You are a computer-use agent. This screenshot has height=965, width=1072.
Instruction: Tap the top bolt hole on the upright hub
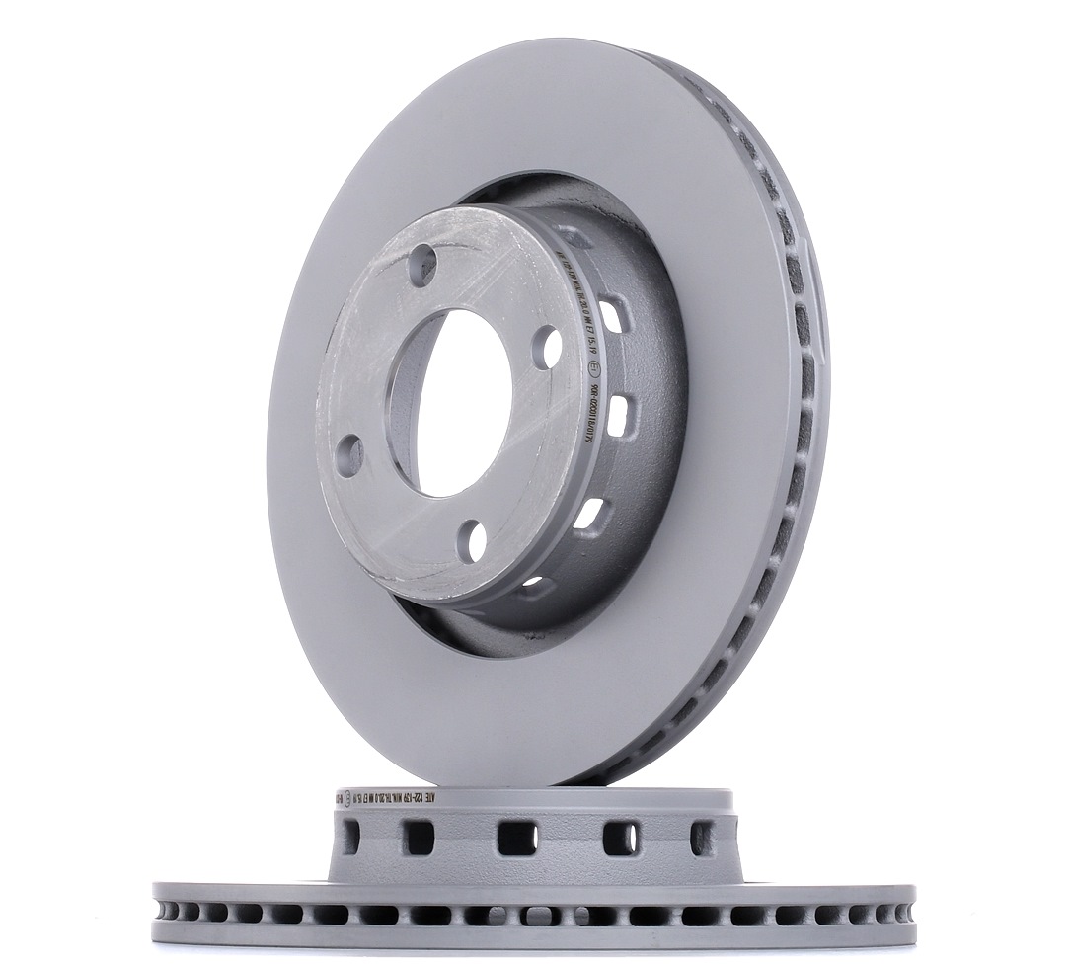tap(422, 261)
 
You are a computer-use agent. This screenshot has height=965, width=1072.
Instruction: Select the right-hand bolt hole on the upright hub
tap(546, 347)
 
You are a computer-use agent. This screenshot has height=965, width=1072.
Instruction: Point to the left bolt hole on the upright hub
tap(348, 457)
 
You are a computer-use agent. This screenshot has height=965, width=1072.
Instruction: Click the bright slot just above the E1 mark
tap(612, 317)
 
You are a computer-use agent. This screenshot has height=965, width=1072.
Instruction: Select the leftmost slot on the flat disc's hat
tap(350, 838)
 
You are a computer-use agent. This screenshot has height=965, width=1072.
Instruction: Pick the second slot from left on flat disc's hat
tap(420, 839)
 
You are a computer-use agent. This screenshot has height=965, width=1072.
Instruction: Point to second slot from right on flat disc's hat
tap(619, 839)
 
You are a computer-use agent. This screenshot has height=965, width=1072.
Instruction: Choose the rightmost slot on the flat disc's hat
tap(702, 838)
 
